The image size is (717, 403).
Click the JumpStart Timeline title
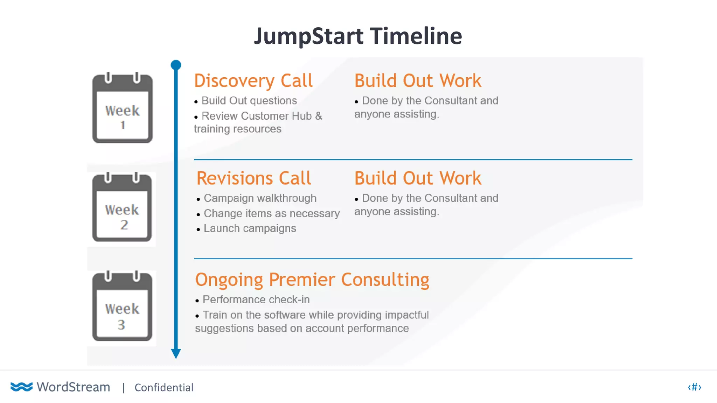point(358,36)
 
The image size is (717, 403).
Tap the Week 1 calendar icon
point(122,108)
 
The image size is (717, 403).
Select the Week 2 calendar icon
point(122,207)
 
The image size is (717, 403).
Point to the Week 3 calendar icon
point(122,306)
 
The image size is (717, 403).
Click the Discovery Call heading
point(253,81)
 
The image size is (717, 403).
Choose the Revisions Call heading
point(253,178)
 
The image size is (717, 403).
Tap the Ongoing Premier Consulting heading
point(312,280)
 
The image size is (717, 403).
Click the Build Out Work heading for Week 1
point(418,81)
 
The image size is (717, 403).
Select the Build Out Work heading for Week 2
point(418,178)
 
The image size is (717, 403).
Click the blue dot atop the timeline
point(176,65)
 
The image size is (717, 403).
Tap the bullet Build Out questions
point(249,101)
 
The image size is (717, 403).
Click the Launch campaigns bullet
point(250,228)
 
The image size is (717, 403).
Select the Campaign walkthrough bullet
point(260,198)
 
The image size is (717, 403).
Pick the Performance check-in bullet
point(256,300)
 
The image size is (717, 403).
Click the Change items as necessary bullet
point(271,213)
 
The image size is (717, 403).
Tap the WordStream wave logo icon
point(21,387)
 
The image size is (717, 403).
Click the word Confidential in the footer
point(164,388)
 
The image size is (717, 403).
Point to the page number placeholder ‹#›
point(694,387)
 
